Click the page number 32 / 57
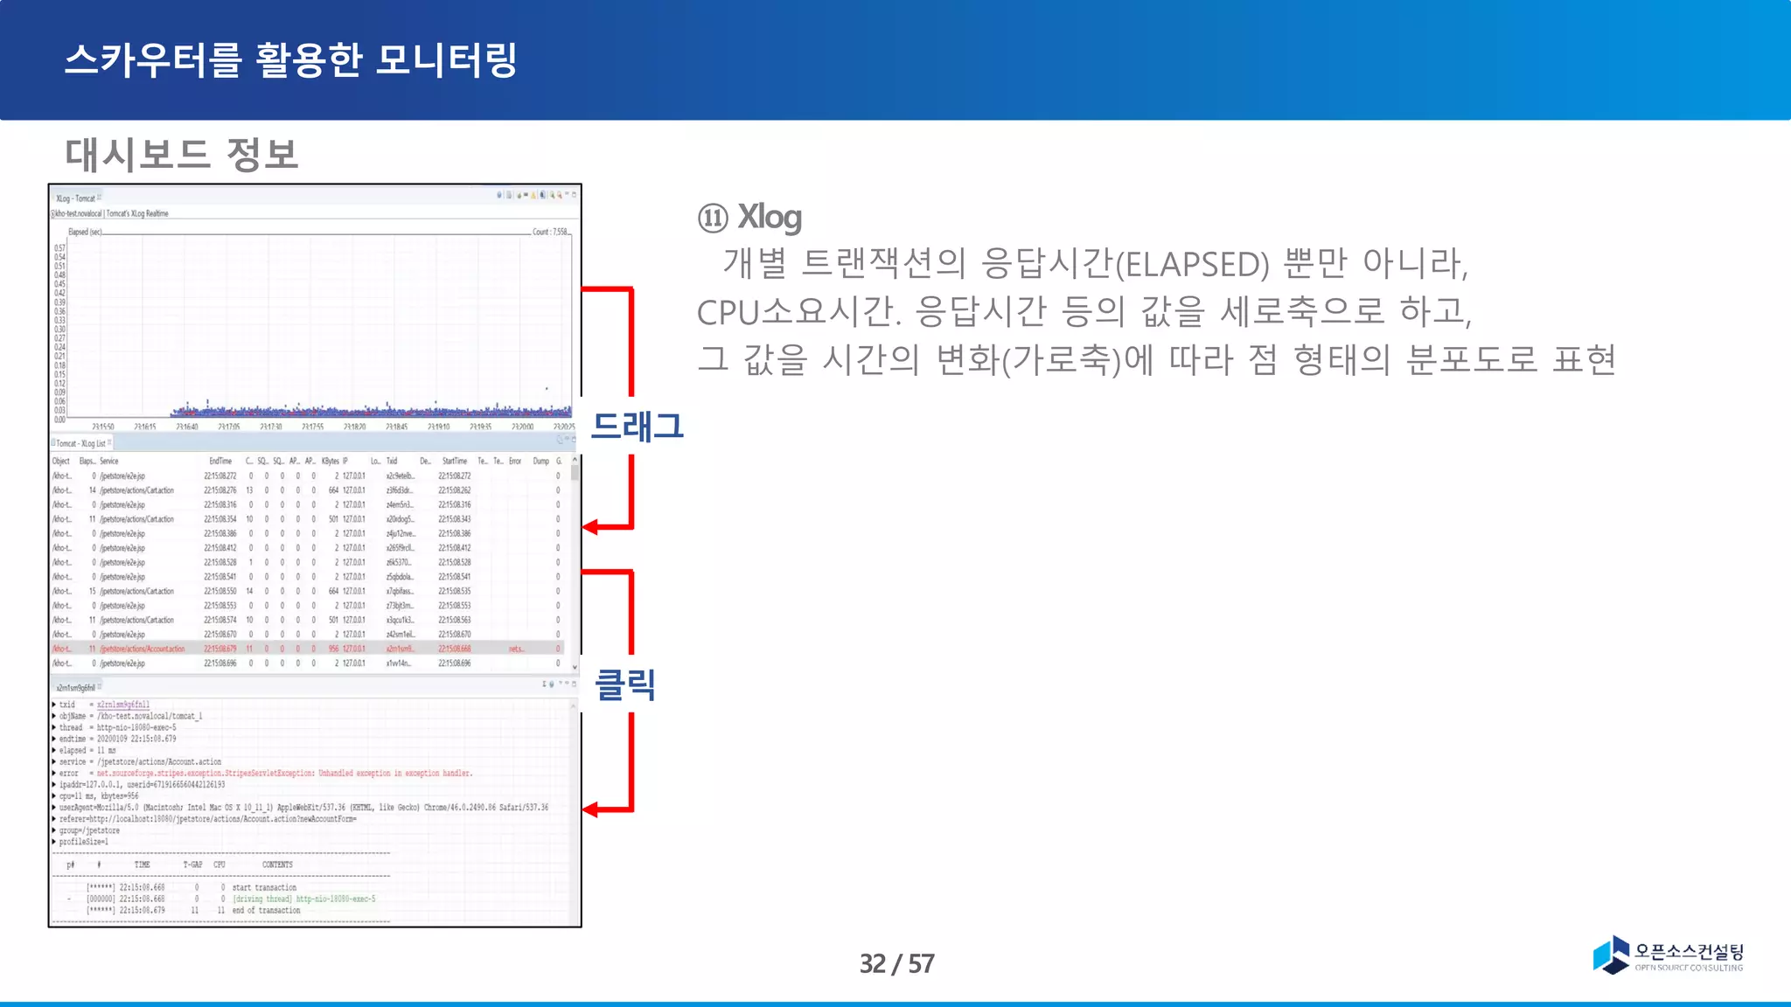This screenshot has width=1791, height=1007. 896,963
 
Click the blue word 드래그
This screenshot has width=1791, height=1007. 637,426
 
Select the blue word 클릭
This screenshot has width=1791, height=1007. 624,684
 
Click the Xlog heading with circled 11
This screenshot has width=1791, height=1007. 750,217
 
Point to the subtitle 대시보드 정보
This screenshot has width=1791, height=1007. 181,154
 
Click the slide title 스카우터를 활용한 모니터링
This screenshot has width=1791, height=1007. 291,60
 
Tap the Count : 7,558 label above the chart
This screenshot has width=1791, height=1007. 550,232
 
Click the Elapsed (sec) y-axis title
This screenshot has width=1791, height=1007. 85,232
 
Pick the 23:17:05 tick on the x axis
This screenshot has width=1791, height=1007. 228,427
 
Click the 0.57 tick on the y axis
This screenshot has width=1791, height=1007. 59,248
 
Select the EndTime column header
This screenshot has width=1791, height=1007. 220,461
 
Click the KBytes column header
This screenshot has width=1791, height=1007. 330,461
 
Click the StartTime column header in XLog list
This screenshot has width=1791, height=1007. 454,461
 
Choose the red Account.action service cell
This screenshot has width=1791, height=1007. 143,649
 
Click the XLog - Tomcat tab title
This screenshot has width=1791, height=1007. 75,198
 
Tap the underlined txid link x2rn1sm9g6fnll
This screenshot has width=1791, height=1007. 122,705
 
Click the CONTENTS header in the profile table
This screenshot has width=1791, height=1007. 277,865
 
